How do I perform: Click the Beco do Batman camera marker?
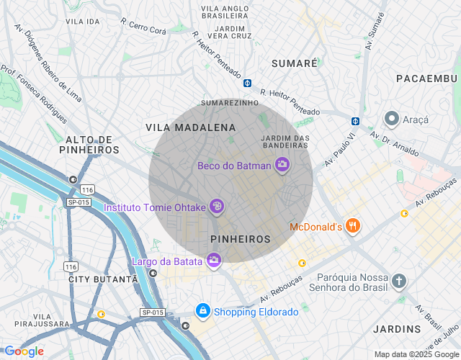pyautogui.click(x=282, y=166)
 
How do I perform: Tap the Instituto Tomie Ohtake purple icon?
pyautogui.click(x=217, y=207)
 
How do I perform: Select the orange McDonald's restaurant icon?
pyautogui.click(x=352, y=227)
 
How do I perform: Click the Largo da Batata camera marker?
pyautogui.click(x=213, y=260)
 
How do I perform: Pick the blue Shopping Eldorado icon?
pyautogui.click(x=203, y=311)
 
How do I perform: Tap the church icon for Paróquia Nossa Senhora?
pyautogui.click(x=399, y=281)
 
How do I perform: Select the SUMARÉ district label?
pyautogui.click(x=294, y=63)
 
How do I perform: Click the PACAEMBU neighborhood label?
pyautogui.click(x=426, y=78)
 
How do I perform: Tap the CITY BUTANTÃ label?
pyautogui.click(x=102, y=279)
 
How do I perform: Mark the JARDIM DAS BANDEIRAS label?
pyautogui.click(x=285, y=141)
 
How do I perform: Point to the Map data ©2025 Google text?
pyautogui.click(x=416, y=354)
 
